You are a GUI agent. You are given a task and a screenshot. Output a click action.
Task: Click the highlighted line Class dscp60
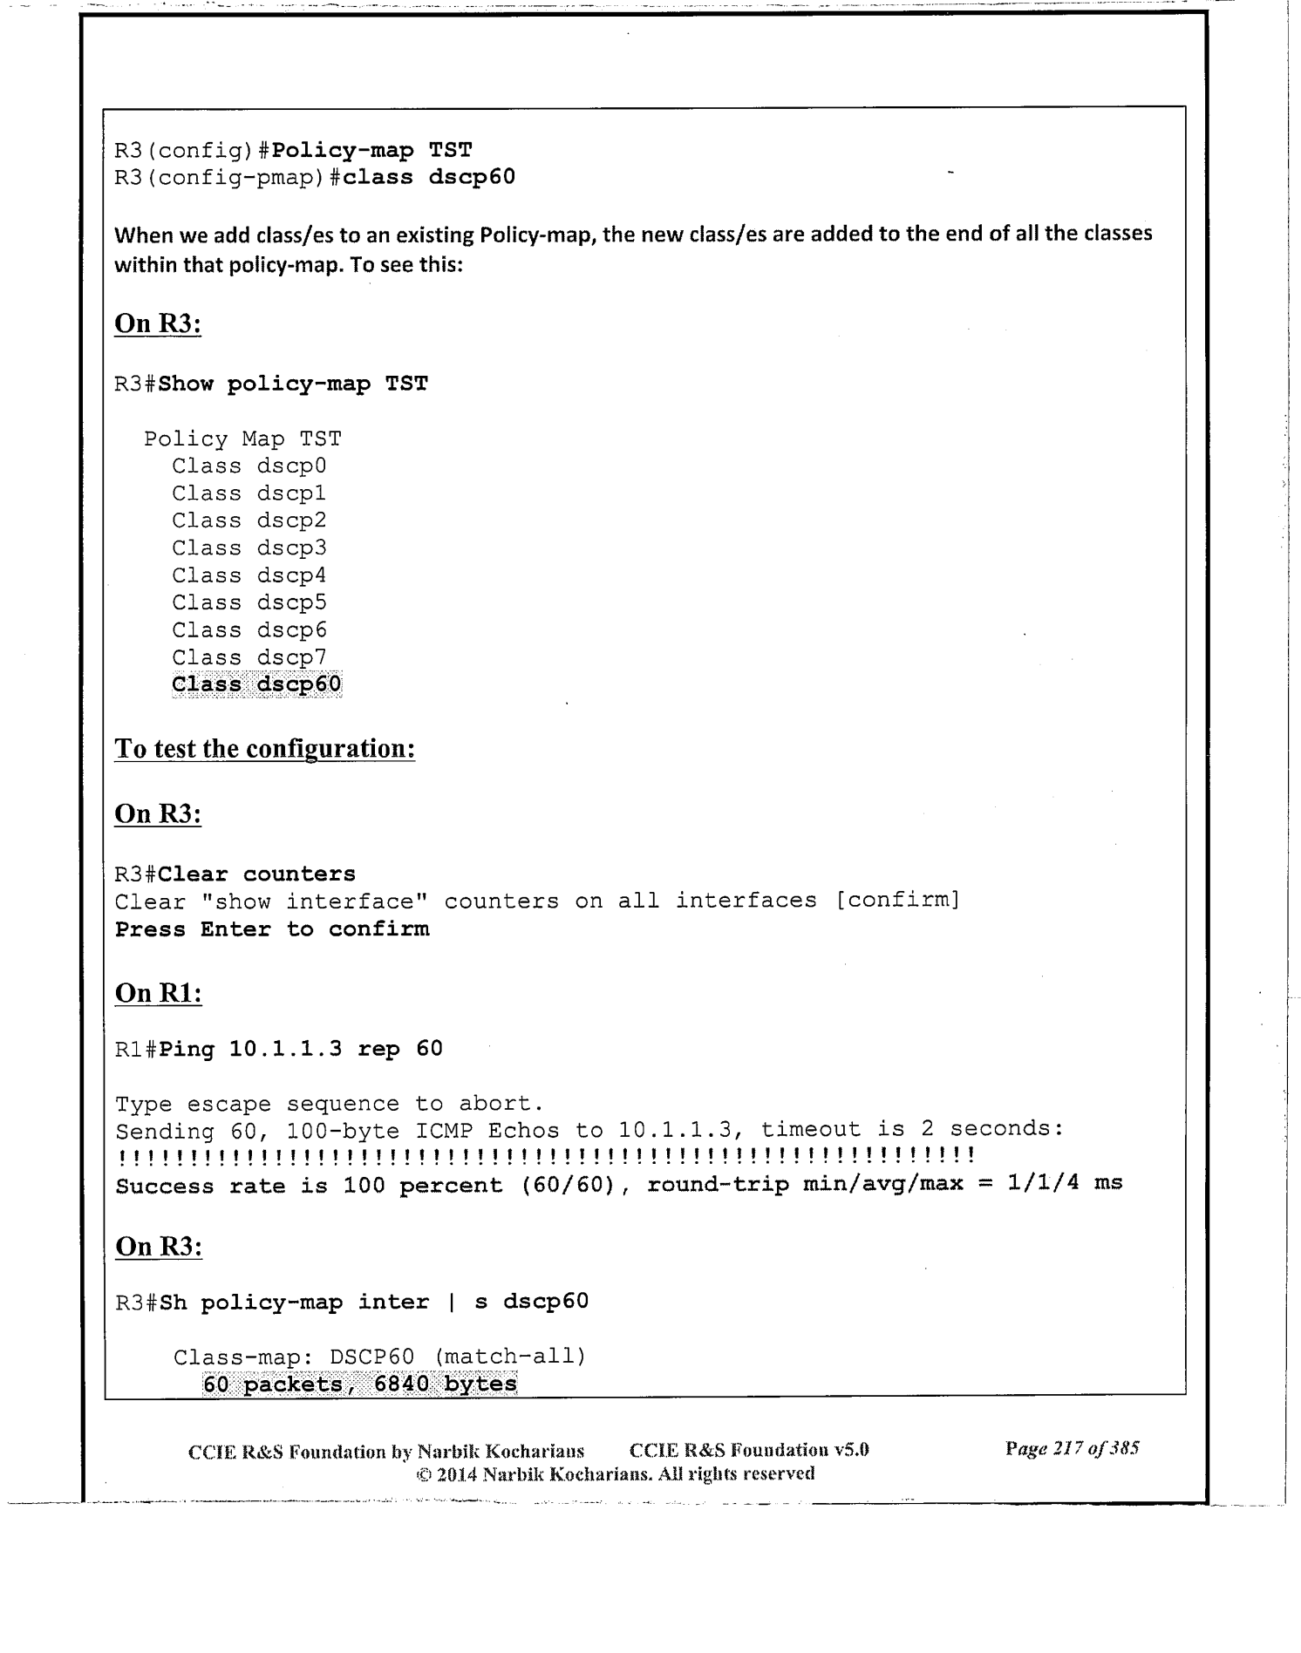256,684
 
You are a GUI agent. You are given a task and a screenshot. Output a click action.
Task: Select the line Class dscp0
249,466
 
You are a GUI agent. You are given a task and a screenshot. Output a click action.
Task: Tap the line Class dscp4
249,576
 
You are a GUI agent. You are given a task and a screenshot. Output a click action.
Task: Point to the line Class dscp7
249,657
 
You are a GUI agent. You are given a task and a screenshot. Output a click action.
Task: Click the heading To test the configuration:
264,749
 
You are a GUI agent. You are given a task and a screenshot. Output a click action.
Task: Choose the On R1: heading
158,993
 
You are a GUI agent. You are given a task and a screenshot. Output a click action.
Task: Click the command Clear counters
257,874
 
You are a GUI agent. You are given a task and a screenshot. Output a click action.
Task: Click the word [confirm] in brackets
897,900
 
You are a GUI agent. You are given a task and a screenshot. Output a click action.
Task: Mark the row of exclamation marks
544,1157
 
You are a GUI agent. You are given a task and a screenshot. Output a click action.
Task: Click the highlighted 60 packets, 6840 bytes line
359,1384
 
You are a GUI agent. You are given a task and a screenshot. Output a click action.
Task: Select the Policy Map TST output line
242,439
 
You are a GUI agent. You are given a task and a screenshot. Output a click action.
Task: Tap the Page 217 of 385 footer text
1072,1449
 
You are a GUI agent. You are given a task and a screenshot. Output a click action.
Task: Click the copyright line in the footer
615,1474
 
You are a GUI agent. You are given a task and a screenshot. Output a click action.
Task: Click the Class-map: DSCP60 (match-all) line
379,1357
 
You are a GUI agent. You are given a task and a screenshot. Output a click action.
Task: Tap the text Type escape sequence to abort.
330,1104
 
